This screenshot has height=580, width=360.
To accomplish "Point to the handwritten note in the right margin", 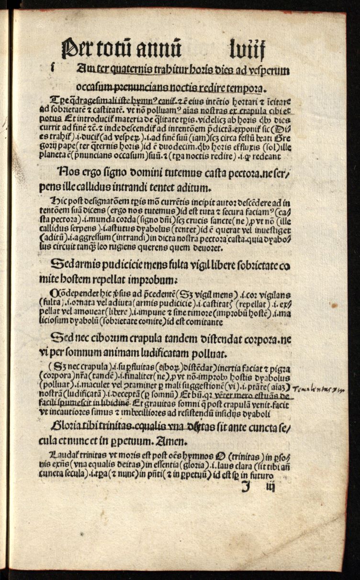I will (x=318, y=388).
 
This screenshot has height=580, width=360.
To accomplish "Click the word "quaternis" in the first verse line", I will (x=119, y=70).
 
